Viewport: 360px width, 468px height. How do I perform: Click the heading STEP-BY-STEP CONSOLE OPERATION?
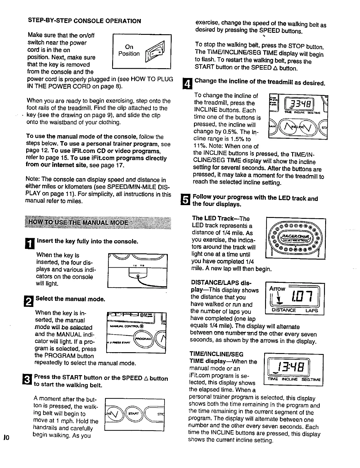pyautogui.click(x=84, y=21)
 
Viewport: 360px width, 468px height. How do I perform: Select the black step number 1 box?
pyautogui.click(x=31, y=243)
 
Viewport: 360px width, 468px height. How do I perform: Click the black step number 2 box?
pyautogui.click(x=31, y=301)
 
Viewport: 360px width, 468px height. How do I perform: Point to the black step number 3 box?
pyautogui.click(x=30, y=381)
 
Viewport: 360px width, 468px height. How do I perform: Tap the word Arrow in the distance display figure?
pyautogui.click(x=277, y=288)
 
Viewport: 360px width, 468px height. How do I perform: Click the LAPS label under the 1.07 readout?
pyautogui.click(x=312, y=311)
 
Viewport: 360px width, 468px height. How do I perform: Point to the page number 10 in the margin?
pyautogui.click(x=6, y=437)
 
